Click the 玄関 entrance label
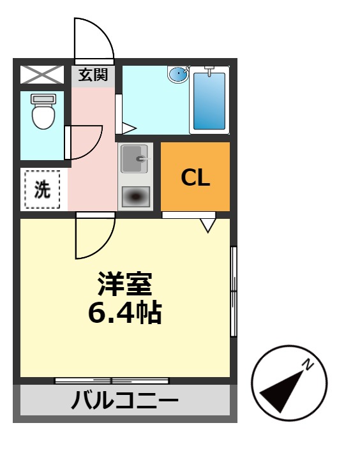[x=93, y=75]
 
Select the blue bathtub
[x=209, y=101]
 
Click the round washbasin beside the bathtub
[x=178, y=75]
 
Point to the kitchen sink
[x=135, y=160]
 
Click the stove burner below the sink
[x=135, y=197]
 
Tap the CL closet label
[x=195, y=177]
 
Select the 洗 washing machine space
[x=42, y=189]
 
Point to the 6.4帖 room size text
[x=124, y=313]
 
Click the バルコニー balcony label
[x=124, y=402]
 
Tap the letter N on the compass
[x=308, y=366]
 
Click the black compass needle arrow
[x=283, y=389]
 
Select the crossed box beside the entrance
[x=42, y=75]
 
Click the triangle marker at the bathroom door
[x=128, y=128]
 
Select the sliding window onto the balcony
[x=112, y=381]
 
